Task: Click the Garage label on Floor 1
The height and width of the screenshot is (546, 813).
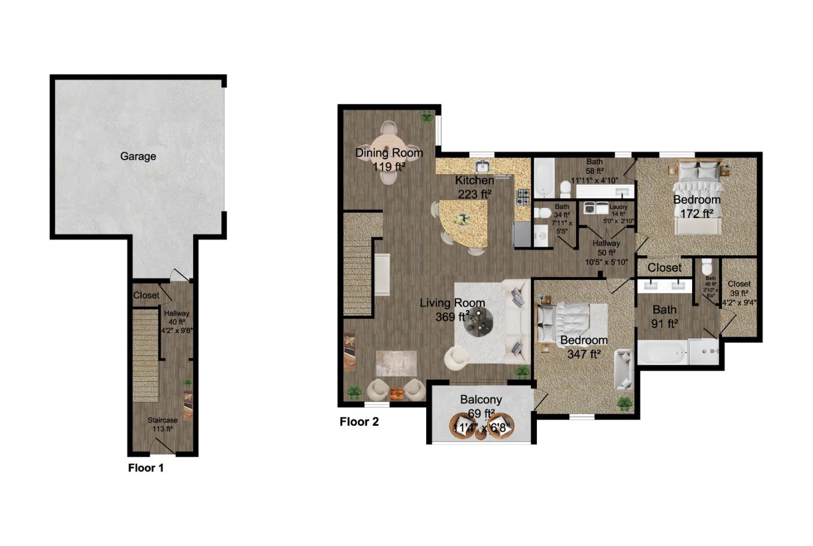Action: tap(138, 156)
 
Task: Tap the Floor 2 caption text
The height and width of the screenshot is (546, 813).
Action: tap(359, 422)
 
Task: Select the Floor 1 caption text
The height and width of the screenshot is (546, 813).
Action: tap(146, 468)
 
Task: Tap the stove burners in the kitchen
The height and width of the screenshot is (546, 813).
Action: tap(523, 196)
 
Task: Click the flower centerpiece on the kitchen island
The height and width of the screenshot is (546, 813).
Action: tap(464, 220)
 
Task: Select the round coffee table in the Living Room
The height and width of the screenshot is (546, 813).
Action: tap(479, 322)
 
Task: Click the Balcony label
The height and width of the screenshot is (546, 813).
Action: tap(480, 400)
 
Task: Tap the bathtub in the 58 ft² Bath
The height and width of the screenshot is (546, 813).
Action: tap(545, 177)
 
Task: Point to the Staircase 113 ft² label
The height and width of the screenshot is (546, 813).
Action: tap(163, 425)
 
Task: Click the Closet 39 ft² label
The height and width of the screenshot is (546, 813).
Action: tap(739, 289)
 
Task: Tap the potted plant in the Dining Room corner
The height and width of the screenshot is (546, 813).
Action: tap(427, 117)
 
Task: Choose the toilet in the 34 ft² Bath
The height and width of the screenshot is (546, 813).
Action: tap(543, 213)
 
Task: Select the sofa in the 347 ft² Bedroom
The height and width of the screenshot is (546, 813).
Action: tap(624, 369)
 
